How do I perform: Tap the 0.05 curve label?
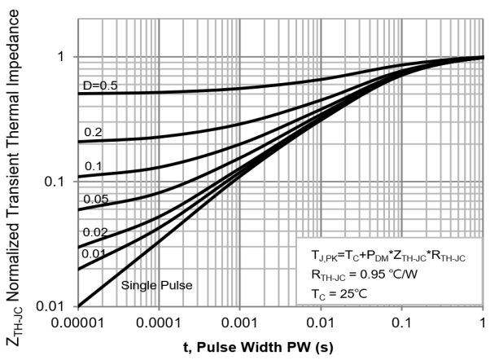click(96, 199)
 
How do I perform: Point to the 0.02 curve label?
click(96, 232)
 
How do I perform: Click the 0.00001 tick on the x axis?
click(78, 323)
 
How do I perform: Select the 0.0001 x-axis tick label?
click(160, 323)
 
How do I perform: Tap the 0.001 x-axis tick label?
click(241, 323)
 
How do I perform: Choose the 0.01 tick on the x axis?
click(322, 323)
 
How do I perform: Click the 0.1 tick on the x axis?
click(404, 323)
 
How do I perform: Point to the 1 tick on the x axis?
click(483, 323)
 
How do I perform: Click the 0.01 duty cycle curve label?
click(96, 252)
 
